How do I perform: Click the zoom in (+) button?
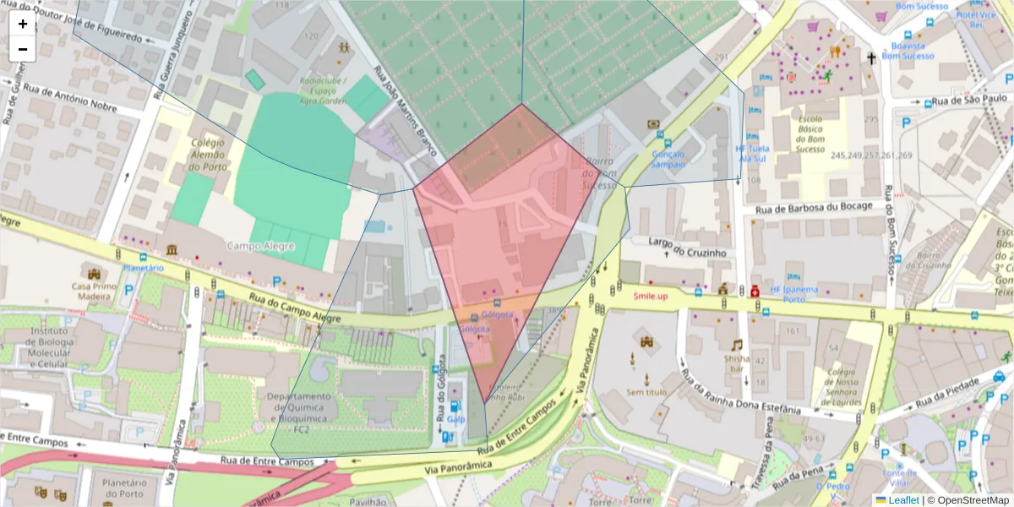[x=23, y=24]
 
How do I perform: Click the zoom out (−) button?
[x=23, y=49]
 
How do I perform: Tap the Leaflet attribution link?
[x=902, y=500]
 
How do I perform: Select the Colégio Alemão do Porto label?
[x=207, y=155]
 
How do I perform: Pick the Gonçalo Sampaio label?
[x=668, y=159]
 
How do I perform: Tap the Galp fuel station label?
[x=456, y=418]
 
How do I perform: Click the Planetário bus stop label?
[x=143, y=268]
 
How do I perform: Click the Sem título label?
[x=646, y=392]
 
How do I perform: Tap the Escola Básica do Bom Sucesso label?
[x=810, y=134]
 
